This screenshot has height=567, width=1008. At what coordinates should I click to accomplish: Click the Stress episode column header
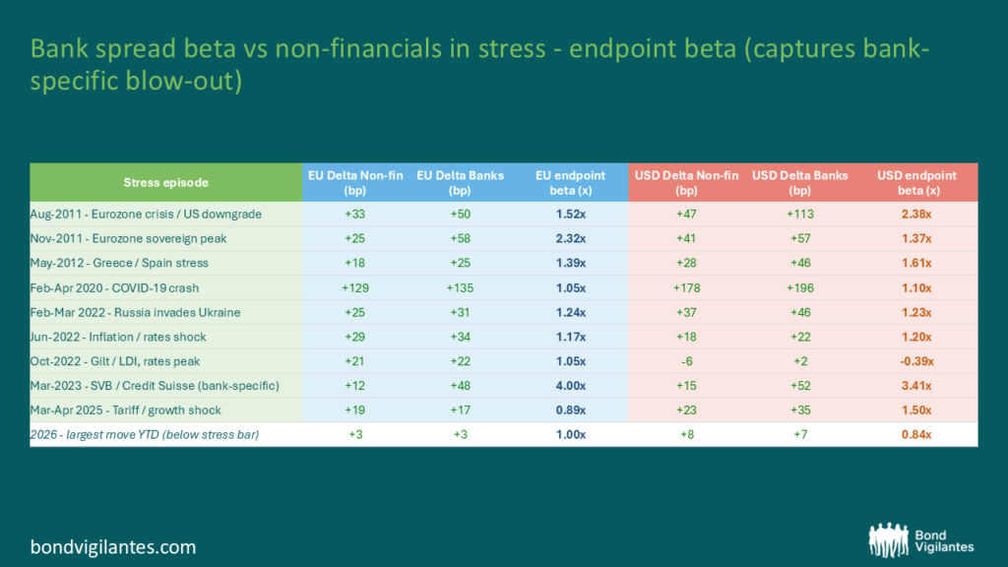click(165, 182)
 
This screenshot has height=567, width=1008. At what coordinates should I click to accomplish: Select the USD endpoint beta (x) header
click(916, 182)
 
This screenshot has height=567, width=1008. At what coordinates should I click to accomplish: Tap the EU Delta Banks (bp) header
click(461, 182)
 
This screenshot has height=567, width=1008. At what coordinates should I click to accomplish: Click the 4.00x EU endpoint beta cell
click(570, 386)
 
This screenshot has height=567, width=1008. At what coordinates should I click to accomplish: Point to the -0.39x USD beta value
click(916, 361)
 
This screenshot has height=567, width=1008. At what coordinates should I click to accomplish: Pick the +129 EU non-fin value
click(354, 288)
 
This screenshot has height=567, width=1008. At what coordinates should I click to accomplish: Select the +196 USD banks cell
click(799, 288)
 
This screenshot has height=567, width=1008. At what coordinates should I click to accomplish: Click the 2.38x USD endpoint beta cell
click(916, 214)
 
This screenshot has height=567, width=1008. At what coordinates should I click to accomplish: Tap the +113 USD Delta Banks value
click(799, 214)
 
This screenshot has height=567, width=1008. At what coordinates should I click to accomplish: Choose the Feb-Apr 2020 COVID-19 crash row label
click(114, 288)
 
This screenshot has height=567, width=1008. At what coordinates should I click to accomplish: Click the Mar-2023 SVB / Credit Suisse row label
click(155, 386)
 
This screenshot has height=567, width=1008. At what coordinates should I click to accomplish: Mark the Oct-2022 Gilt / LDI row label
click(115, 361)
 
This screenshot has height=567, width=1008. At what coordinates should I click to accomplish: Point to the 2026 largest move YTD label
click(145, 434)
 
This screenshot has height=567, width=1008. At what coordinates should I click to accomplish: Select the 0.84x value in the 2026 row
click(916, 434)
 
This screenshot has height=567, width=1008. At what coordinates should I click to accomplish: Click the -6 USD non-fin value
click(686, 361)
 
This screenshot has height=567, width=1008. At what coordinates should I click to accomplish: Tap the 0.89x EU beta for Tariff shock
click(570, 410)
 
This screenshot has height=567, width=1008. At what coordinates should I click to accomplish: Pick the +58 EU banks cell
click(461, 238)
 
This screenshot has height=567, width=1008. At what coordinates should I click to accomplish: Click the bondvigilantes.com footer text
click(113, 547)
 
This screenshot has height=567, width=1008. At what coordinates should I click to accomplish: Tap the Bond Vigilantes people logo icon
click(889, 539)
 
